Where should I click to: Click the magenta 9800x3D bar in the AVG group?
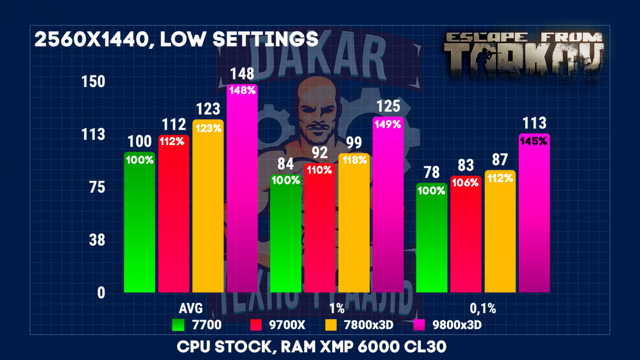point(242,192)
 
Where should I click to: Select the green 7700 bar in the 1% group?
point(286,236)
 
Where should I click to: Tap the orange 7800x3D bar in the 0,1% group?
point(500,236)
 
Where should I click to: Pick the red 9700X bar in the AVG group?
point(174,216)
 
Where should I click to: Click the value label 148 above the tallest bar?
point(242,74)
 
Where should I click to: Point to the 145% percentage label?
point(534,141)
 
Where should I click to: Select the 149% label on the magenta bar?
point(388,124)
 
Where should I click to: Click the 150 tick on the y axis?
point(93,82)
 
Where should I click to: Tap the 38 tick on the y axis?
point(97,240)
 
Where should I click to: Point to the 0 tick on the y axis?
point(101,293)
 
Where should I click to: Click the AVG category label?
point(191,308)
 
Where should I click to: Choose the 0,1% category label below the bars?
point(483,308)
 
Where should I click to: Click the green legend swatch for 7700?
point(178,325)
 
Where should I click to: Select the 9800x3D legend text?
point(457,325)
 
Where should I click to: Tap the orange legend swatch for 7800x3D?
point(331,325)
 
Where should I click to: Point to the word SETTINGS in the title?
point(265,40)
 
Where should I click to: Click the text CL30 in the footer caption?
point(425,347)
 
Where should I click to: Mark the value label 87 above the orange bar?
point(500,160)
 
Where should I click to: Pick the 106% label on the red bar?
point(465,183)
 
